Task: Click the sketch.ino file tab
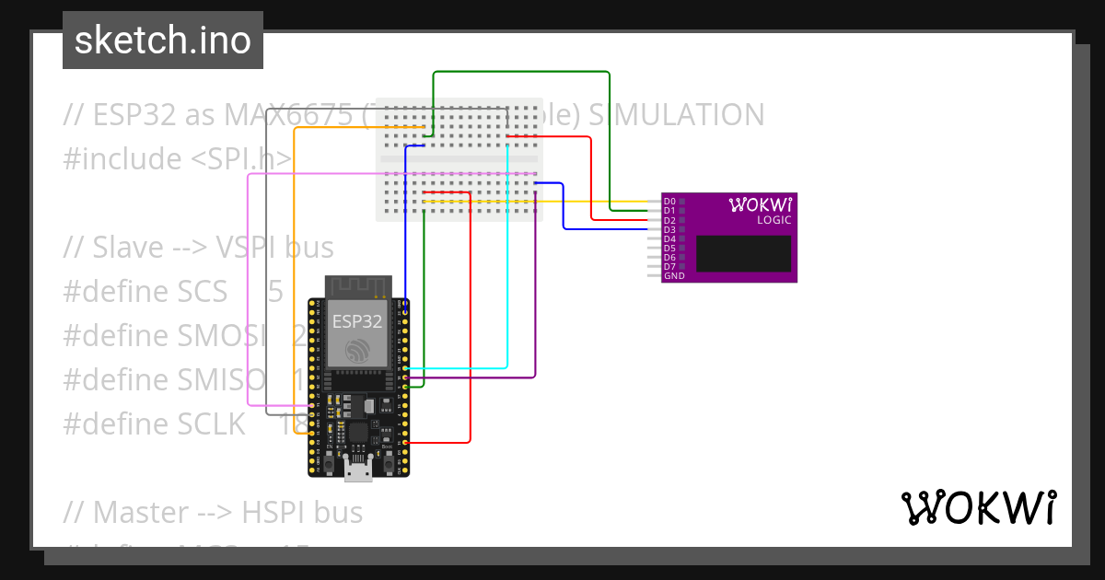click(x=163, y=41)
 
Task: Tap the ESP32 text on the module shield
click(x=358, y=321)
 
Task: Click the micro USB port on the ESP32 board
click(x=358, y=472)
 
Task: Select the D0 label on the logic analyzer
click(x=669, y=201)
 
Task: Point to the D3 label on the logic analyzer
click(x=669, y=229)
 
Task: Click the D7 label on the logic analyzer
click(x=669, y=267)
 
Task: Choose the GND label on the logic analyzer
click(x=673, y=276)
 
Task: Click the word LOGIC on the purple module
click(x=773, y=220)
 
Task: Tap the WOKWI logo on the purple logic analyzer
click(x=761, y=204)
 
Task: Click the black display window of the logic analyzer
click(x=743, y=253)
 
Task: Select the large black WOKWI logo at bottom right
click(x=978, y=507)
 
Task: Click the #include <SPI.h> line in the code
click(x=177, y=159)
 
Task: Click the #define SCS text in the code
click(x=145, y=292)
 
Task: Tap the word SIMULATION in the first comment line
click(x=676, y=115)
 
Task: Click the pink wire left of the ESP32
click(x=249, y=295)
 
